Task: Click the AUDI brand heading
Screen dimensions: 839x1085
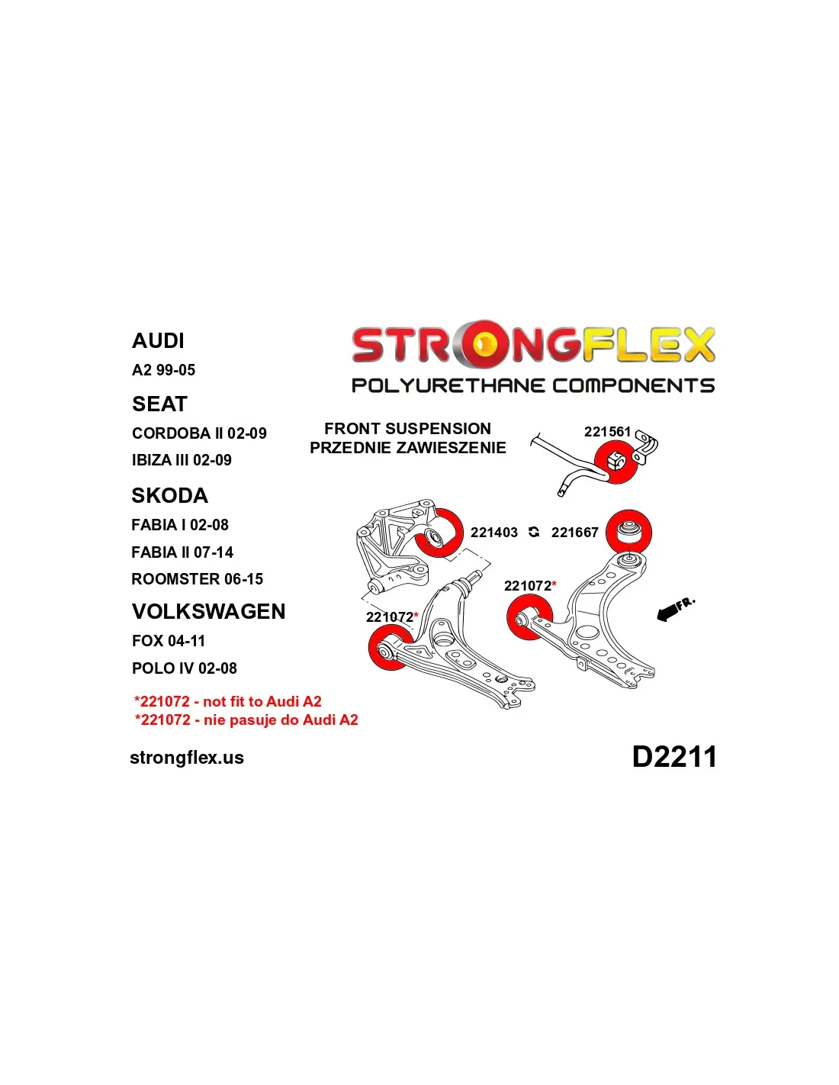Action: (158, 340)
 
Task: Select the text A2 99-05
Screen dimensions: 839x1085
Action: (163, 370)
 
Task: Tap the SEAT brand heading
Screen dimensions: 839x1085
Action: (159, 404)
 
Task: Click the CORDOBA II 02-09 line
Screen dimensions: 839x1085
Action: (199, 433)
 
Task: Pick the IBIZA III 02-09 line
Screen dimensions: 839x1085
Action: (182, 460)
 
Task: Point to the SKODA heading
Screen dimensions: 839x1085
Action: (169, 495)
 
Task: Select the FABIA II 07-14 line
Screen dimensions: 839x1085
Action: (182, 552)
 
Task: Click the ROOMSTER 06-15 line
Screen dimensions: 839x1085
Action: (197, 578)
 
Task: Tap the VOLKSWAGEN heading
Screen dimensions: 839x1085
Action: (209, 611)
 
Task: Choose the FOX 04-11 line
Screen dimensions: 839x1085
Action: (169, 641)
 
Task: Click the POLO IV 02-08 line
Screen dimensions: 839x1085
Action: (184, 668)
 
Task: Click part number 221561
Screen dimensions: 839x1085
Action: (607, 431)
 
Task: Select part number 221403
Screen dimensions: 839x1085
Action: (494, 533)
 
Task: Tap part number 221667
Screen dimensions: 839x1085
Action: (574, 533)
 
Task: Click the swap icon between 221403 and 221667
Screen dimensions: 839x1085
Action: (534, 533)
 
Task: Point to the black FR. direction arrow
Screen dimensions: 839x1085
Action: (670, 612)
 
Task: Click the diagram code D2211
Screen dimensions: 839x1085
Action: (674, 756)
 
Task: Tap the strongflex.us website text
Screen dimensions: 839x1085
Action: (187, 758)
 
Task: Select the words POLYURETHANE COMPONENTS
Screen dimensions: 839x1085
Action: (533, 385)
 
